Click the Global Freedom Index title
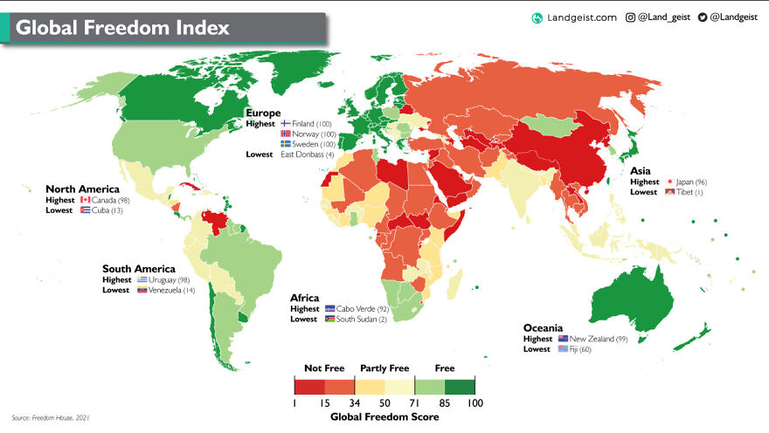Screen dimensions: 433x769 122,28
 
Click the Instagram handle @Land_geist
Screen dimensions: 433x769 663,17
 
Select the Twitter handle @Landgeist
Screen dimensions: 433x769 735,17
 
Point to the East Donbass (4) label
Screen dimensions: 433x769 307,155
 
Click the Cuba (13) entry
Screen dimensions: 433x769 104,210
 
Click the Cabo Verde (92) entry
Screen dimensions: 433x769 360,309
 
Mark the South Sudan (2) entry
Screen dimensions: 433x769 361,320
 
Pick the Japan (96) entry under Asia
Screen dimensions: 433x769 687,182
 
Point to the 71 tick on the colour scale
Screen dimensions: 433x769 415,403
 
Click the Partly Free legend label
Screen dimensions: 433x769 384,368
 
